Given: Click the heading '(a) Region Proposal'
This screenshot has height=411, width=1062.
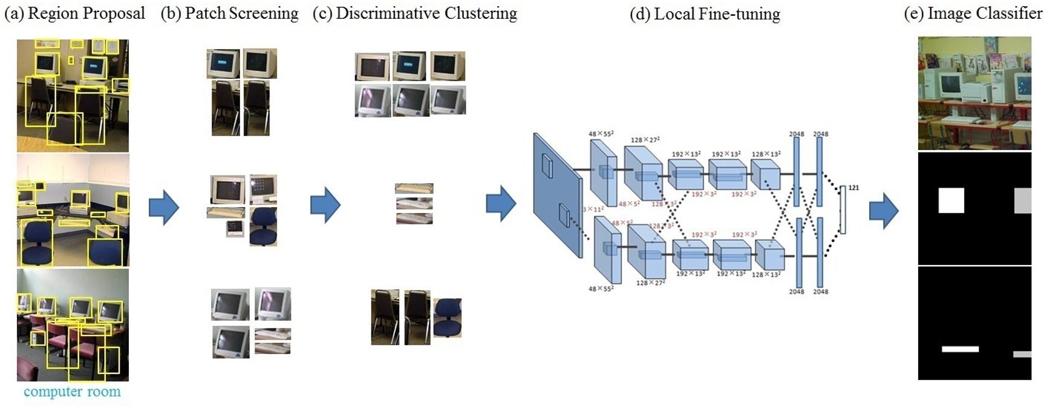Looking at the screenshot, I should (x=74, y=13).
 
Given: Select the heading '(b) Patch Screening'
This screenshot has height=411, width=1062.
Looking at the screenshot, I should (x=229, y=13).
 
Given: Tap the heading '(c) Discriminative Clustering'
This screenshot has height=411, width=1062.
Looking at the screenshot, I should (x=415, y=13).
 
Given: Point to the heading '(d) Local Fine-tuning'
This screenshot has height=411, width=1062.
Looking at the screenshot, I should (x=705, y=14).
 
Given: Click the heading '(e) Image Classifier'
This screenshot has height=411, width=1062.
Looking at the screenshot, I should (x=973, y=13).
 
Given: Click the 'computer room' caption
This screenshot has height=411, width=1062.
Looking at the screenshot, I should (x=72, y=392).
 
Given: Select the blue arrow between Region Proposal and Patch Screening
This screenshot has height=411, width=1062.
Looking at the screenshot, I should (x=164, y=207).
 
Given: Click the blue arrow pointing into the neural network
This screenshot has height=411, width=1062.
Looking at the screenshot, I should (x=501, y=204).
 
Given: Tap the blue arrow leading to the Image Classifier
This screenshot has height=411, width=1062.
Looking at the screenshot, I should (x=884, y=211).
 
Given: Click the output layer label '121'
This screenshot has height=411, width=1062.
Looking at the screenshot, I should (x=853, y=188).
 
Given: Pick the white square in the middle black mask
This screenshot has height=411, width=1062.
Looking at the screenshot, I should (x=951, y=200).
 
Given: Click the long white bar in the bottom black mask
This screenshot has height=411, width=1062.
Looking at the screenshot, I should (x=960, y=349).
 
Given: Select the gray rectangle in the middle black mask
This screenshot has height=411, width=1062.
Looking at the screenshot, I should (x=1023, y=200).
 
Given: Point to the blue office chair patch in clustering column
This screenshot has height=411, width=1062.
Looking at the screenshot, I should (x=447, y=317).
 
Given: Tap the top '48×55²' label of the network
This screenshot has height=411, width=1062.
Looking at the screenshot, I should (x=601, y=134).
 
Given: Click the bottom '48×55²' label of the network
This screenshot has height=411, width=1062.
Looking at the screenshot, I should (x=601, y=289).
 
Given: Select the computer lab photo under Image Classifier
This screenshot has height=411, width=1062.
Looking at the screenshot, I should (x=974, y=93).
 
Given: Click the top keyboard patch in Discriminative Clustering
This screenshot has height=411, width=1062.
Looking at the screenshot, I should (x=414, y=189).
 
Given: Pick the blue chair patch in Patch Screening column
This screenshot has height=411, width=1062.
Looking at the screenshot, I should (x=263, y=226).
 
